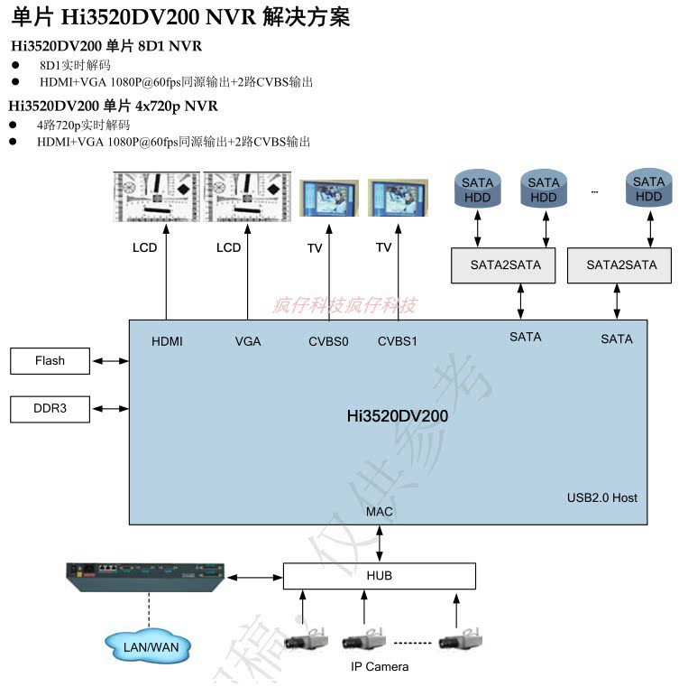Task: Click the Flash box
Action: tap(50, 361)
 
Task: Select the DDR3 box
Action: tap(50, 409)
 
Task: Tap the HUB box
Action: tap(379, 576)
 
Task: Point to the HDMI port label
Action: tap(167, 341)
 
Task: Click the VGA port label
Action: tap(248, 341)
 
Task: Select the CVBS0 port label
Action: tap(328, 341)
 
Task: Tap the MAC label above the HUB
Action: tap(380, 512)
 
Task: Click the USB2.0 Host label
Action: tap(602, 497)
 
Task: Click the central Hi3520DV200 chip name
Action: tap(397, 416)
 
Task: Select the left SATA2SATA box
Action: tap(505, 265)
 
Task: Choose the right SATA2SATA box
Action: tap(621, 265)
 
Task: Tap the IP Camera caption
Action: tap(380, 667)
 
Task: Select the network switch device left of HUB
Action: tap(144, 576)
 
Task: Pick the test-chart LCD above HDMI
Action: tap(156, 196)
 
